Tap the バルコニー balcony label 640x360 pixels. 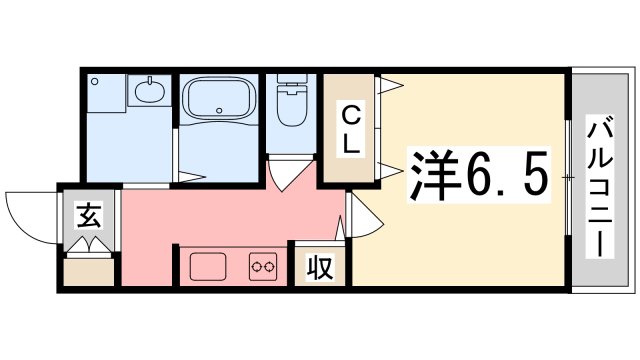[x=601, y=186]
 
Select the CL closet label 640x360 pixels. [x=350, y=128]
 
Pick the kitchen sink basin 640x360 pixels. [x=209, y=267]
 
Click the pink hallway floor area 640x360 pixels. [x=230, y=215]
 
